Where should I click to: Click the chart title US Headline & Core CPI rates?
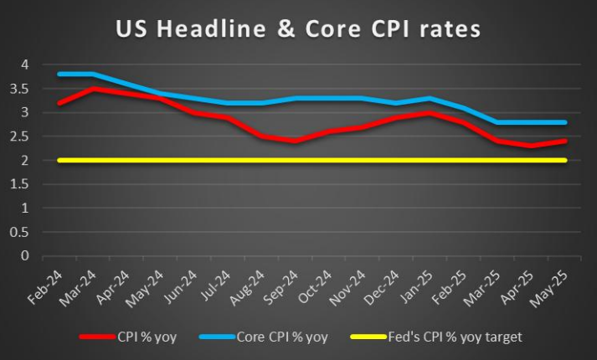(298, 30)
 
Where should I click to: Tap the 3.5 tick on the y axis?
(24, 88)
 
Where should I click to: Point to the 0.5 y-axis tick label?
(24, 232)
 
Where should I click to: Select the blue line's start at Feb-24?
(59, 74)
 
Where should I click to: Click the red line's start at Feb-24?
(59, 102)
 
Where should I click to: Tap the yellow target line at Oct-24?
(332, 160)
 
